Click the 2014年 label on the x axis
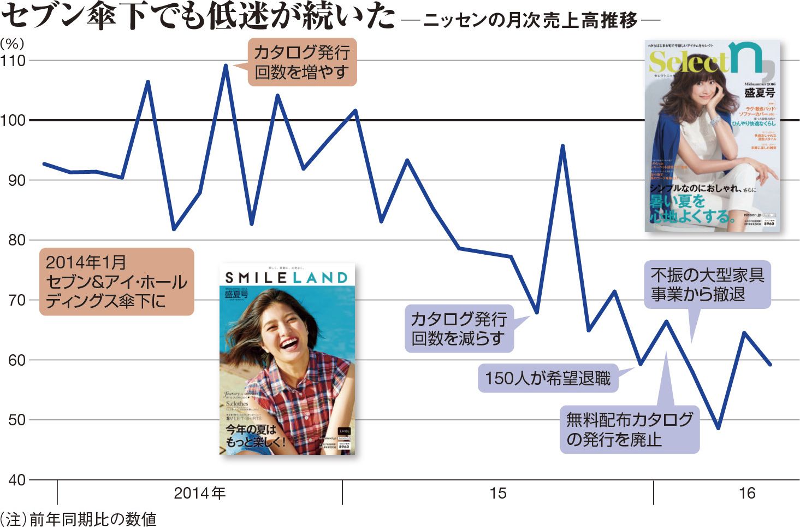point(199,494)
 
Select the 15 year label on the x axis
point(497,494)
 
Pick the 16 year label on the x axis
point(746,494)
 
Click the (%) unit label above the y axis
point(11,44)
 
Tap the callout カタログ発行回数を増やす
point(301,62)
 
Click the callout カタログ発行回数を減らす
point(459,329)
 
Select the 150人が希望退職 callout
point(548,378)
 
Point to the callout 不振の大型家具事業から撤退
point(707,284)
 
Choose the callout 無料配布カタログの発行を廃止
point(629,430)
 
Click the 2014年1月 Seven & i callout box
point(116,282)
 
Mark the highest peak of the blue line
point(226,66)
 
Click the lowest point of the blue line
point(718,428)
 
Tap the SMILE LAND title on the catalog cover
point(287,278)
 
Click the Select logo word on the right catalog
point(689,62)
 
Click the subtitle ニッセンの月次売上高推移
point(530,21)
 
